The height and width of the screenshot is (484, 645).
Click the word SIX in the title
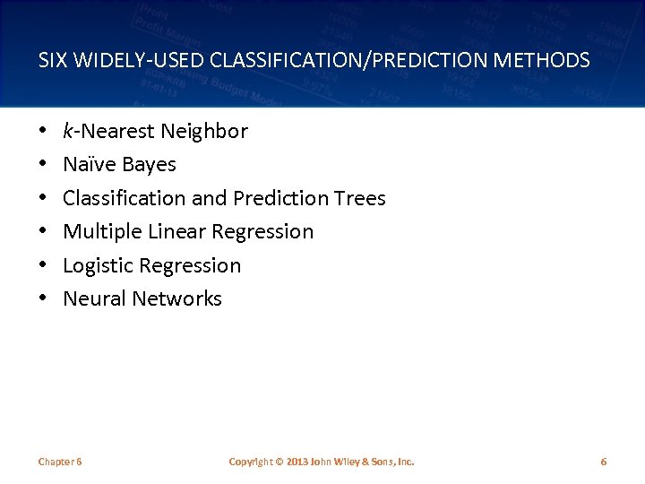click(52, 61)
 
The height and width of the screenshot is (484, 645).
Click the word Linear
click(177, 232)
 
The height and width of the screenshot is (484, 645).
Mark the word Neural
click(94, 299)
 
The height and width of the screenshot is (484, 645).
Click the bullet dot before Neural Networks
click(43, 299)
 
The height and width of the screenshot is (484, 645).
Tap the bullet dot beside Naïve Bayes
click(43, 165)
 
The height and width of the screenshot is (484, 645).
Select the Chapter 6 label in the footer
click(60, 462)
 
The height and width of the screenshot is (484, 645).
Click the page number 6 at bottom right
click(603, 462)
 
